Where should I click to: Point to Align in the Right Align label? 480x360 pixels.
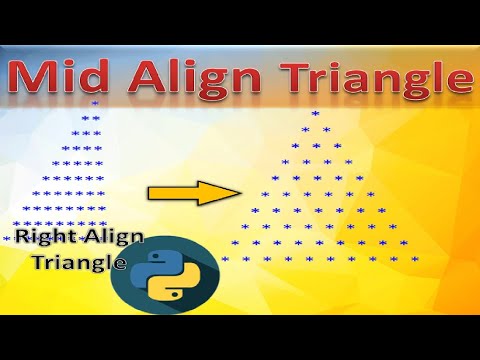[109, 237]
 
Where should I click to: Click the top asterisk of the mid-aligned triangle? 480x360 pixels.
[315, 114]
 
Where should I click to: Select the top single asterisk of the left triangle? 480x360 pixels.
[94, 103]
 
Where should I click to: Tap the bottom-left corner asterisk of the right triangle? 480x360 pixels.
[224, 259]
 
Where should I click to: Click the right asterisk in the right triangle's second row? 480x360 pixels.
[325, 130]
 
